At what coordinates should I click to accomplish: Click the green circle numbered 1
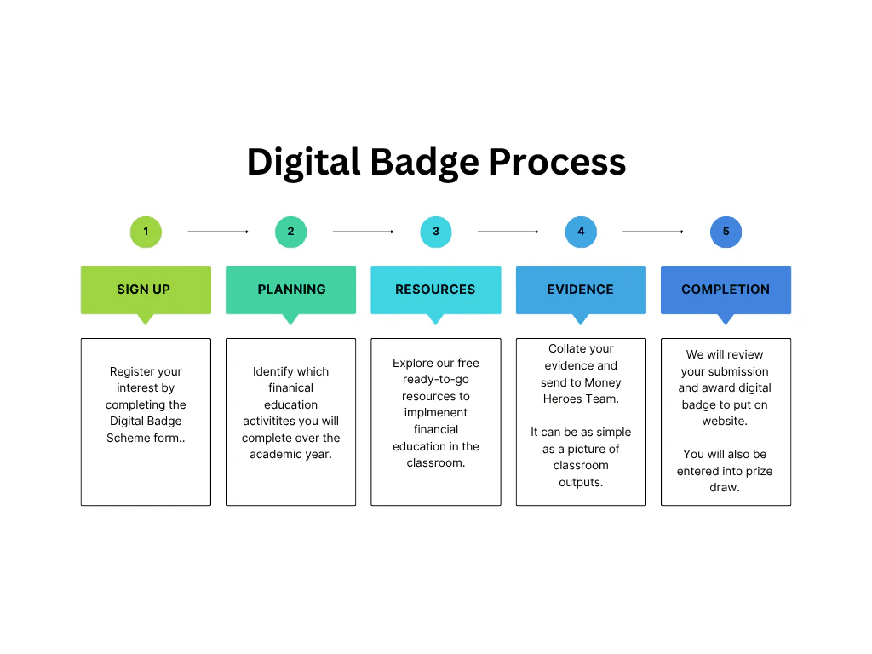point(146,232)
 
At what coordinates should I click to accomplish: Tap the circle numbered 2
point(291,232)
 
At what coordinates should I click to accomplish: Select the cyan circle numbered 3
point(436,232)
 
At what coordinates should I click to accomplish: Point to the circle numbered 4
point(581,232)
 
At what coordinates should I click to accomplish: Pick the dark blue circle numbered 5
point(726,232)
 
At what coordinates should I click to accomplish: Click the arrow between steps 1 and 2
point(218,232)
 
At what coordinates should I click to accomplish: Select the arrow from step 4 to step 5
point(653,232)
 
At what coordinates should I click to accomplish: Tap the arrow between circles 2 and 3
point(363,232)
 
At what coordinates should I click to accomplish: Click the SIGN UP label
point(143,290)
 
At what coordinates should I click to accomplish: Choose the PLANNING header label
point(291,290)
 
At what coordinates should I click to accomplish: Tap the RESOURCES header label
point(435,290)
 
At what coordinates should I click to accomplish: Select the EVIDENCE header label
point(580,290)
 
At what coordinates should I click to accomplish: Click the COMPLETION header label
point(726,290)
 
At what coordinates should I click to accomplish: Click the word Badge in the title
point(424,163)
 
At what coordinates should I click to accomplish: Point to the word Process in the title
point(557,162)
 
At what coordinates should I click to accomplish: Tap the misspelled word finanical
point(291,387)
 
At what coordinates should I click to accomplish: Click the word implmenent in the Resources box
point(436,413)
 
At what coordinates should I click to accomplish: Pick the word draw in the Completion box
point(723,487)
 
